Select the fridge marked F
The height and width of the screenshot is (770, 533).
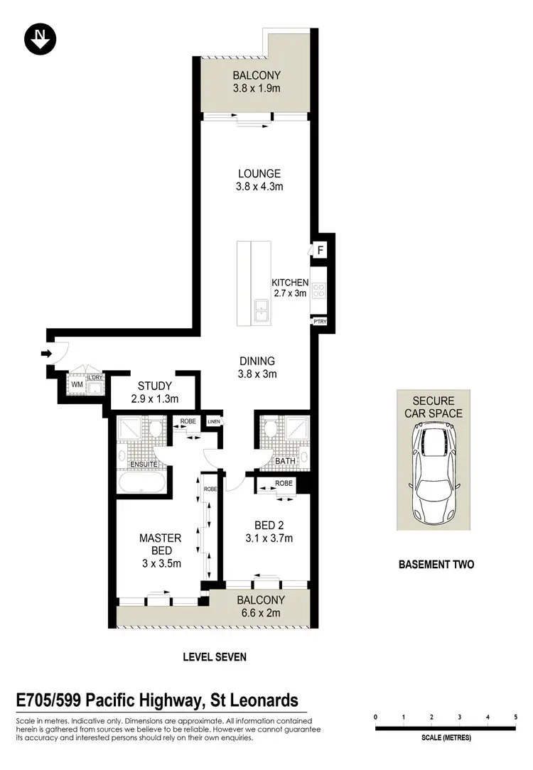(321, 250)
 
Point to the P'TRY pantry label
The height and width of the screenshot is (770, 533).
(318, 322)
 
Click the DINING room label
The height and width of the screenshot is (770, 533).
(257, 361)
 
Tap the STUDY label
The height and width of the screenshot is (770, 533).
(155, 386)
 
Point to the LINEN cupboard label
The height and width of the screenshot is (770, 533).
(214, 421)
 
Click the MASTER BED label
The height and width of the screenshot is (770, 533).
(160, 544)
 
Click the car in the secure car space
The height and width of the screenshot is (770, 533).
(434, 472)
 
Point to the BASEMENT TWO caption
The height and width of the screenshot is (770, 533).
(436, 565)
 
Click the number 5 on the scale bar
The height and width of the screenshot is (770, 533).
(515, 717)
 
